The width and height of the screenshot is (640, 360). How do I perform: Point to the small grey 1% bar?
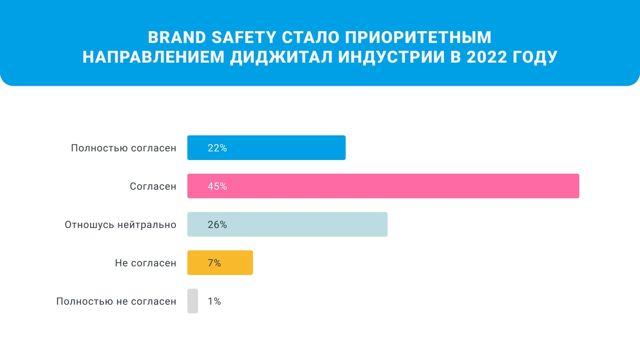tap(192, 301)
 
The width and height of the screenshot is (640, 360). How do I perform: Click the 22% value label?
tap(217, 148)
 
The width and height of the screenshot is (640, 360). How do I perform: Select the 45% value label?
tap(217, 186)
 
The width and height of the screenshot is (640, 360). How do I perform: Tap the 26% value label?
tap(217, 225)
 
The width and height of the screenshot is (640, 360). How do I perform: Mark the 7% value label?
tap(214, 263)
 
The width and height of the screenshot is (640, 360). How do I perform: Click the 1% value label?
tap(214, 301)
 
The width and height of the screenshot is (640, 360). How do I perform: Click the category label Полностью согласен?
tap(124, 148)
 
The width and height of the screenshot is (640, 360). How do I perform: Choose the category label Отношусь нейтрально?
tap(120, 225)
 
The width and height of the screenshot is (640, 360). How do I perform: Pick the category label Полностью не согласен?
tap(116, 301)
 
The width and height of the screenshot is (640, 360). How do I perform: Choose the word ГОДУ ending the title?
tap(534, 58)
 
